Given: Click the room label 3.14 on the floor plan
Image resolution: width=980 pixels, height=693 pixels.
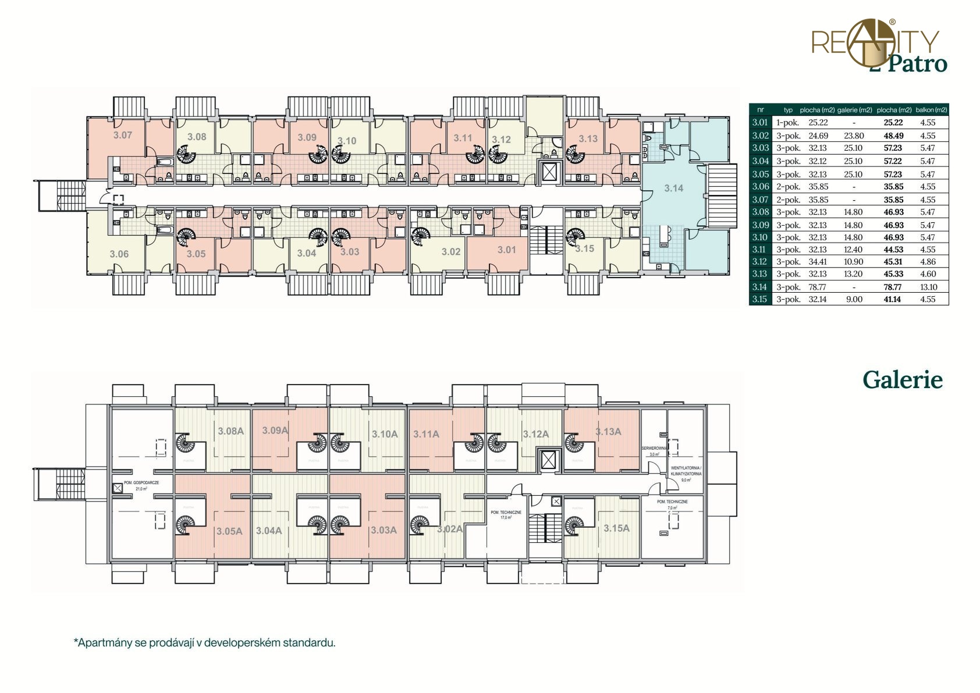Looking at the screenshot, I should point(673,188).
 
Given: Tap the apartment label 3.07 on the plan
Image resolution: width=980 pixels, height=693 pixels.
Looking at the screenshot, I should point(122,135).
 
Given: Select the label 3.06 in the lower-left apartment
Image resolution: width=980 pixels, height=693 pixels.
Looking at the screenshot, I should point(119,254).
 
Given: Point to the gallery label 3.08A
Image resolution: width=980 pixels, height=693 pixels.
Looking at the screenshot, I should point(230,431).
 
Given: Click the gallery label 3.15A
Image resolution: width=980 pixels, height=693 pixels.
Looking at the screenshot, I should point(616,528).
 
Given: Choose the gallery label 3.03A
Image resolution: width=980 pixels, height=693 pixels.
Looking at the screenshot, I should point(384,530).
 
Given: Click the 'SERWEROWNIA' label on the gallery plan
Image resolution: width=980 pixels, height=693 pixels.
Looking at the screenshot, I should point(654,449).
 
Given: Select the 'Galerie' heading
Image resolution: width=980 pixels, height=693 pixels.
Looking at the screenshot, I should point(902,380).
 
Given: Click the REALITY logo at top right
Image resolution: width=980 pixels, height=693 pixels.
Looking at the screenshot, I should point(875,43).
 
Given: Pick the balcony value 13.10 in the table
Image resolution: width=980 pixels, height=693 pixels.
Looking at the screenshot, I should point(928,287).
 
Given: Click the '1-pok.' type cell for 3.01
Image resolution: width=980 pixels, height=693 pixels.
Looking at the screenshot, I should point(787,123).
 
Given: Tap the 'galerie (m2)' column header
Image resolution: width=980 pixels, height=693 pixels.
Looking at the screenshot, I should point(854,110).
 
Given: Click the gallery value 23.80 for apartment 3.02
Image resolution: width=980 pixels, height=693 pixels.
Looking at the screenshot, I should point(854,136).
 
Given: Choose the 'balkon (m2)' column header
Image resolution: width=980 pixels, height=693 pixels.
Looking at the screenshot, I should point(931,110).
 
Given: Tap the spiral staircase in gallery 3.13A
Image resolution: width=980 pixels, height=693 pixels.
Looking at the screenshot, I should point(574,445).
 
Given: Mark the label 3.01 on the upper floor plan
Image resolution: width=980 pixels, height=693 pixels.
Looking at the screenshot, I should point(506,250).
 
